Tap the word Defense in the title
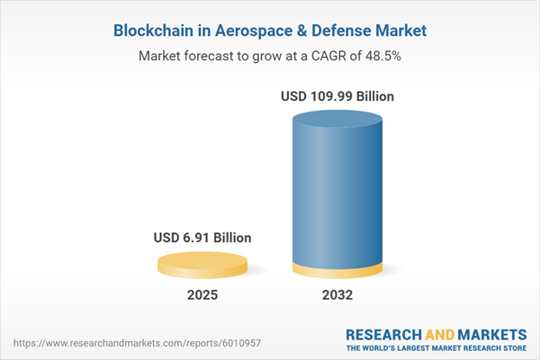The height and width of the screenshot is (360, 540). (345, 31)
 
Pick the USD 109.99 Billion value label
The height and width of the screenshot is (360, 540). (337, 95)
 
